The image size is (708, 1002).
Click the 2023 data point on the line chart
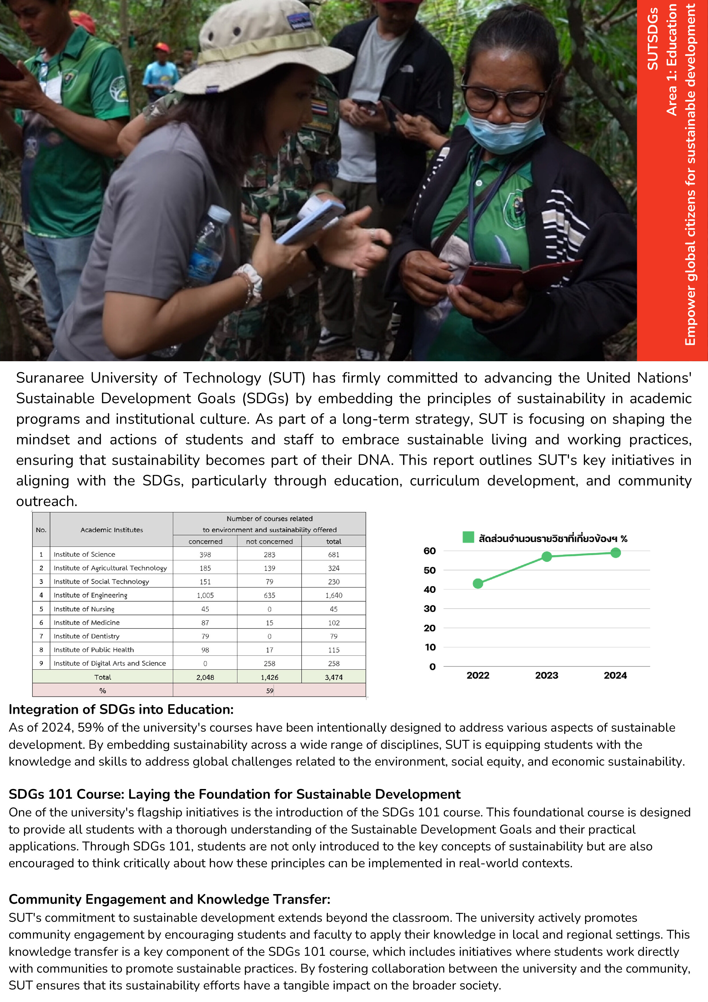pos(546,557)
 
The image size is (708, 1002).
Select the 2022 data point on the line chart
pos(478,583)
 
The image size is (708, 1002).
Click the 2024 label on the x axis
pos(615,676)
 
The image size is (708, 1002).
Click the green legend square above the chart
pos(468,537)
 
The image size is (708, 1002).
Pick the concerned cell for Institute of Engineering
pos(205,595)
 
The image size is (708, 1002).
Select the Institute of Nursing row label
pos(84,609)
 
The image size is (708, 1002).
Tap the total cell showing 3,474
pos(334,677)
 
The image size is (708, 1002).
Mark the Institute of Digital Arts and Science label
pos(110,663)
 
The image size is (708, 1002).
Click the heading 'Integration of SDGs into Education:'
pos(121,710)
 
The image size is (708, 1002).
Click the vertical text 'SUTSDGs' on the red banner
pos(652,39)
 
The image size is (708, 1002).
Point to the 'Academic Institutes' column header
pos(112,530)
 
